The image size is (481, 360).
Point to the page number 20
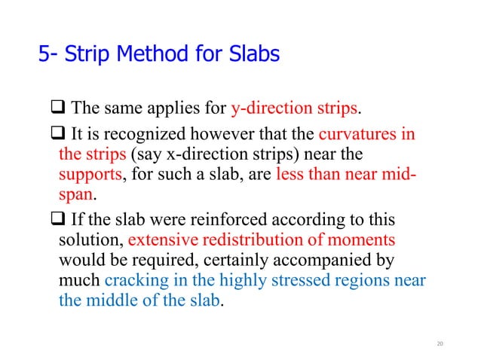(441, 343)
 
